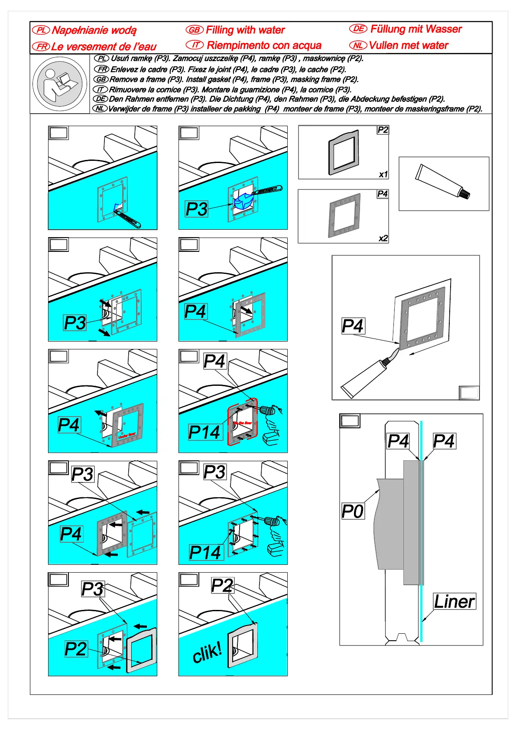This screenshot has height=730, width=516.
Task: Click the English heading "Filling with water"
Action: coord(245,30)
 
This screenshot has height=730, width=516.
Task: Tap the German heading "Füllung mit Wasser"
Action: coord(416,29)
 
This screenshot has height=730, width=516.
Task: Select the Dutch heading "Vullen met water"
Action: coord(409,45)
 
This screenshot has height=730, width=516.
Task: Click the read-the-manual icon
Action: coord(60,84)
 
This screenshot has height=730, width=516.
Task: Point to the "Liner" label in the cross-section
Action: coord(454,601)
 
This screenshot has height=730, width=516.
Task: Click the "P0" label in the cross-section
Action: coord(353,511)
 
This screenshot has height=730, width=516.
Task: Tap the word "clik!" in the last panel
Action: coord(207,652)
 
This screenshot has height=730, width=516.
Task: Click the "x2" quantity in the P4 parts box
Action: coord(383,238)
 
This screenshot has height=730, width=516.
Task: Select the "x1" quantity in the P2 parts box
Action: coord(383,174)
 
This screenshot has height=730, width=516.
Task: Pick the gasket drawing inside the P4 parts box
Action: coord(344,215)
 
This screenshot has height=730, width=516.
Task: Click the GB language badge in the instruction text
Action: coord(101,79)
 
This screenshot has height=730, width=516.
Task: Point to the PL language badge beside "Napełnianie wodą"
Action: coord(41,30)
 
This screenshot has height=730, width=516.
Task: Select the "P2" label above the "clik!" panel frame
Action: coord(222,585)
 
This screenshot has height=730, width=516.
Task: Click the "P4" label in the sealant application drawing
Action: coord(353,326)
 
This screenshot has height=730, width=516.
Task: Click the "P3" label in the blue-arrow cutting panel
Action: coord(196,209)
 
